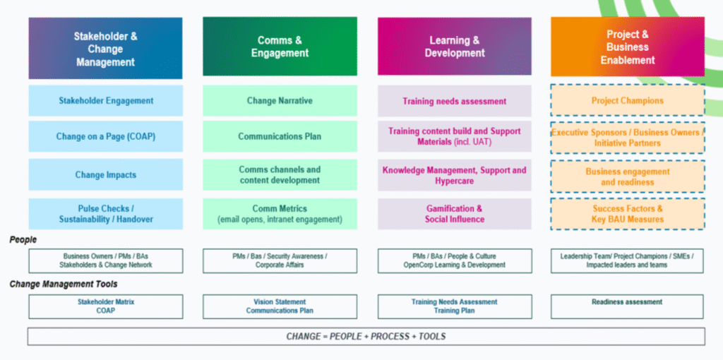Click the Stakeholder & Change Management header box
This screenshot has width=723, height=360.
105,48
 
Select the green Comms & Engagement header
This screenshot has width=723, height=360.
280,47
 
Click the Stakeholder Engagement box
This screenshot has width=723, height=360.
105,101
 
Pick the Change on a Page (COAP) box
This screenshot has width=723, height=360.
105,136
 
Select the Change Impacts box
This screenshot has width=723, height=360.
105,174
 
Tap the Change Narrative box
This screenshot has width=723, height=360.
280,101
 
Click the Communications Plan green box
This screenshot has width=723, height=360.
280,136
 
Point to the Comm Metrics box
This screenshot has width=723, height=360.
280,214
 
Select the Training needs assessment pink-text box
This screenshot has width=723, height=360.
454,101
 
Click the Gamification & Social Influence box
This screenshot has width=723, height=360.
454,214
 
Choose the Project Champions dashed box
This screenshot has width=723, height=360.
628,101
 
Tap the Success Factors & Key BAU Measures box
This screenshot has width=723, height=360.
628,214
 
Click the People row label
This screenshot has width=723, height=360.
23,240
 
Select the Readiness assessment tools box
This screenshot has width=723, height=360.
627,306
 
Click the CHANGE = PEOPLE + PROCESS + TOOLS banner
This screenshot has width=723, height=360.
366,336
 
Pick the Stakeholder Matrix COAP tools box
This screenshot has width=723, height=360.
105,306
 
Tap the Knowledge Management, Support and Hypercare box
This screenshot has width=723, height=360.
454,175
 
